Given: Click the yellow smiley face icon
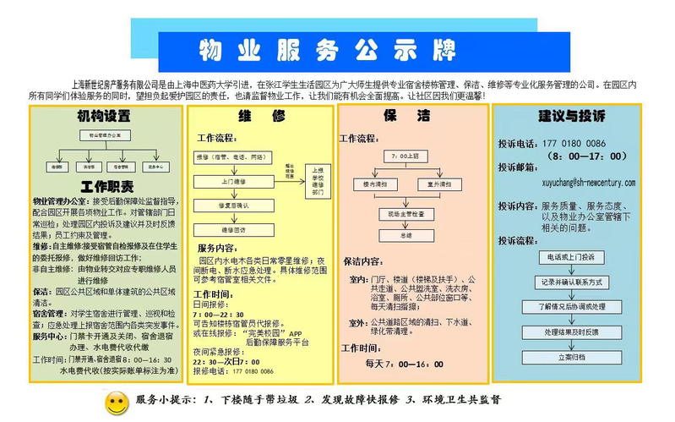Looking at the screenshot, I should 116,403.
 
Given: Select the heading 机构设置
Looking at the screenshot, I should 105,115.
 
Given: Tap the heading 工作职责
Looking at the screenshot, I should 106,186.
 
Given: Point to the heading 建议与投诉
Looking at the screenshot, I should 571,115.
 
